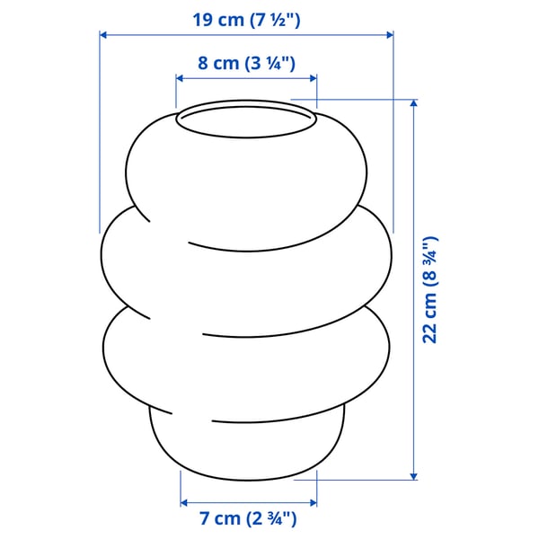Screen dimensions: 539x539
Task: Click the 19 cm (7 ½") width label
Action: [245, 17]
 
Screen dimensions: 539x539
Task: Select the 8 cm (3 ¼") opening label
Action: [246, 63]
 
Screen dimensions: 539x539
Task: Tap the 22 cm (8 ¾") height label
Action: [430, 289]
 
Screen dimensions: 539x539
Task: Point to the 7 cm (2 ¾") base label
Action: [248, 518]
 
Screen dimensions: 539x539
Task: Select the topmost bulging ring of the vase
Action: [246, 175]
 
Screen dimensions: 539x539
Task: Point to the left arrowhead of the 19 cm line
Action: [103, 35]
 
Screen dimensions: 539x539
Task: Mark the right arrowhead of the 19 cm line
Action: [389, 35]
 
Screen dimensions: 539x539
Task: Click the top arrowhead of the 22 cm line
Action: [413, 104]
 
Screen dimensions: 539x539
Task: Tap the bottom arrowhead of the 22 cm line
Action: [413, 475]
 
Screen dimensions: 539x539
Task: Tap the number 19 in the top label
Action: [204, 17]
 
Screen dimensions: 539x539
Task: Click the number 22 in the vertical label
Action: [430, 331]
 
